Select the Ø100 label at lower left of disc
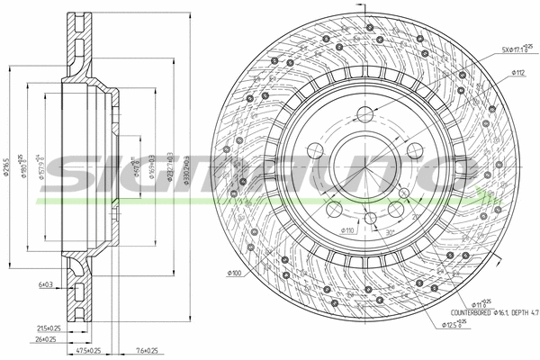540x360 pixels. pyautogui.click(x=236, y=273)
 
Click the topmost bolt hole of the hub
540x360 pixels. pyautogui.click(x=364, y=114)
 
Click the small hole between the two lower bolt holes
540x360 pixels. pyautogui.click(x=370, y=218)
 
